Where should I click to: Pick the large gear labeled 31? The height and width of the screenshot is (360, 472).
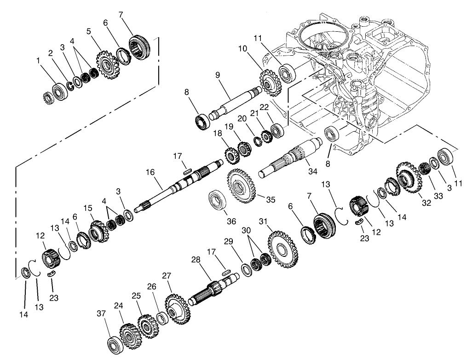282,248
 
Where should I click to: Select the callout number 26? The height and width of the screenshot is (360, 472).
152,286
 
